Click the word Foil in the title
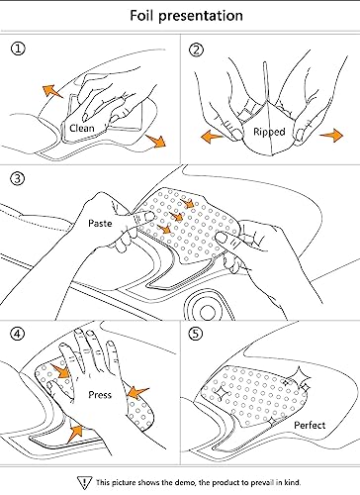[141, 16]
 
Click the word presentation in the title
[201, 17]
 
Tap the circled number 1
[18, 49]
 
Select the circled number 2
[196, 50]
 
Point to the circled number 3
[18, 178]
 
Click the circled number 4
[17, 334]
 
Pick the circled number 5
[196, 334]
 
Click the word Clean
[82, 128]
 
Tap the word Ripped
[269, 132]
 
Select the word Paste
[100, 224]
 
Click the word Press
[100, 395]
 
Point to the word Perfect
[310, 425]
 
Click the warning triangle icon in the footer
[85, 483]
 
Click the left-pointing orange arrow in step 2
[212, 136]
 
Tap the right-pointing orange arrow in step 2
[331, 136]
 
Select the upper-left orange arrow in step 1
[51, 91]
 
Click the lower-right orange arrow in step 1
[156, 141]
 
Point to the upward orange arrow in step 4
[75, 434]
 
